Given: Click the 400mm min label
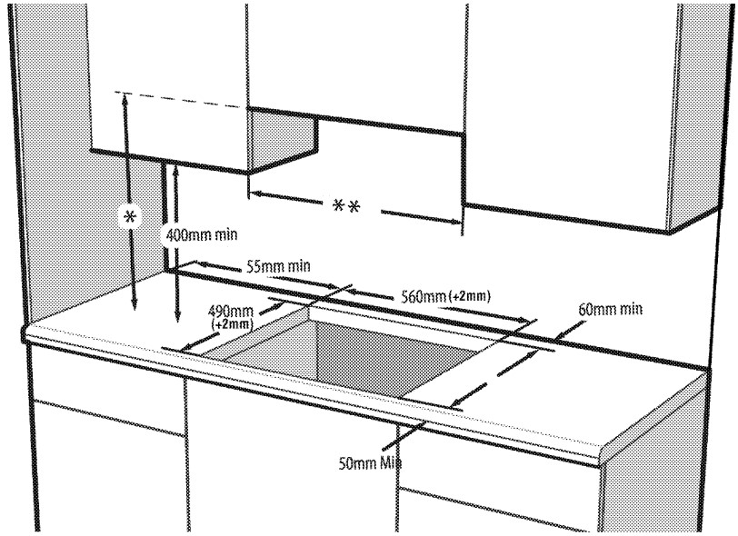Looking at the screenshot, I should pos(201,234).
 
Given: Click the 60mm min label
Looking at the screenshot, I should pos(610,310).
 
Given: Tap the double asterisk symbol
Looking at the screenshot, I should pos(346,206).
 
